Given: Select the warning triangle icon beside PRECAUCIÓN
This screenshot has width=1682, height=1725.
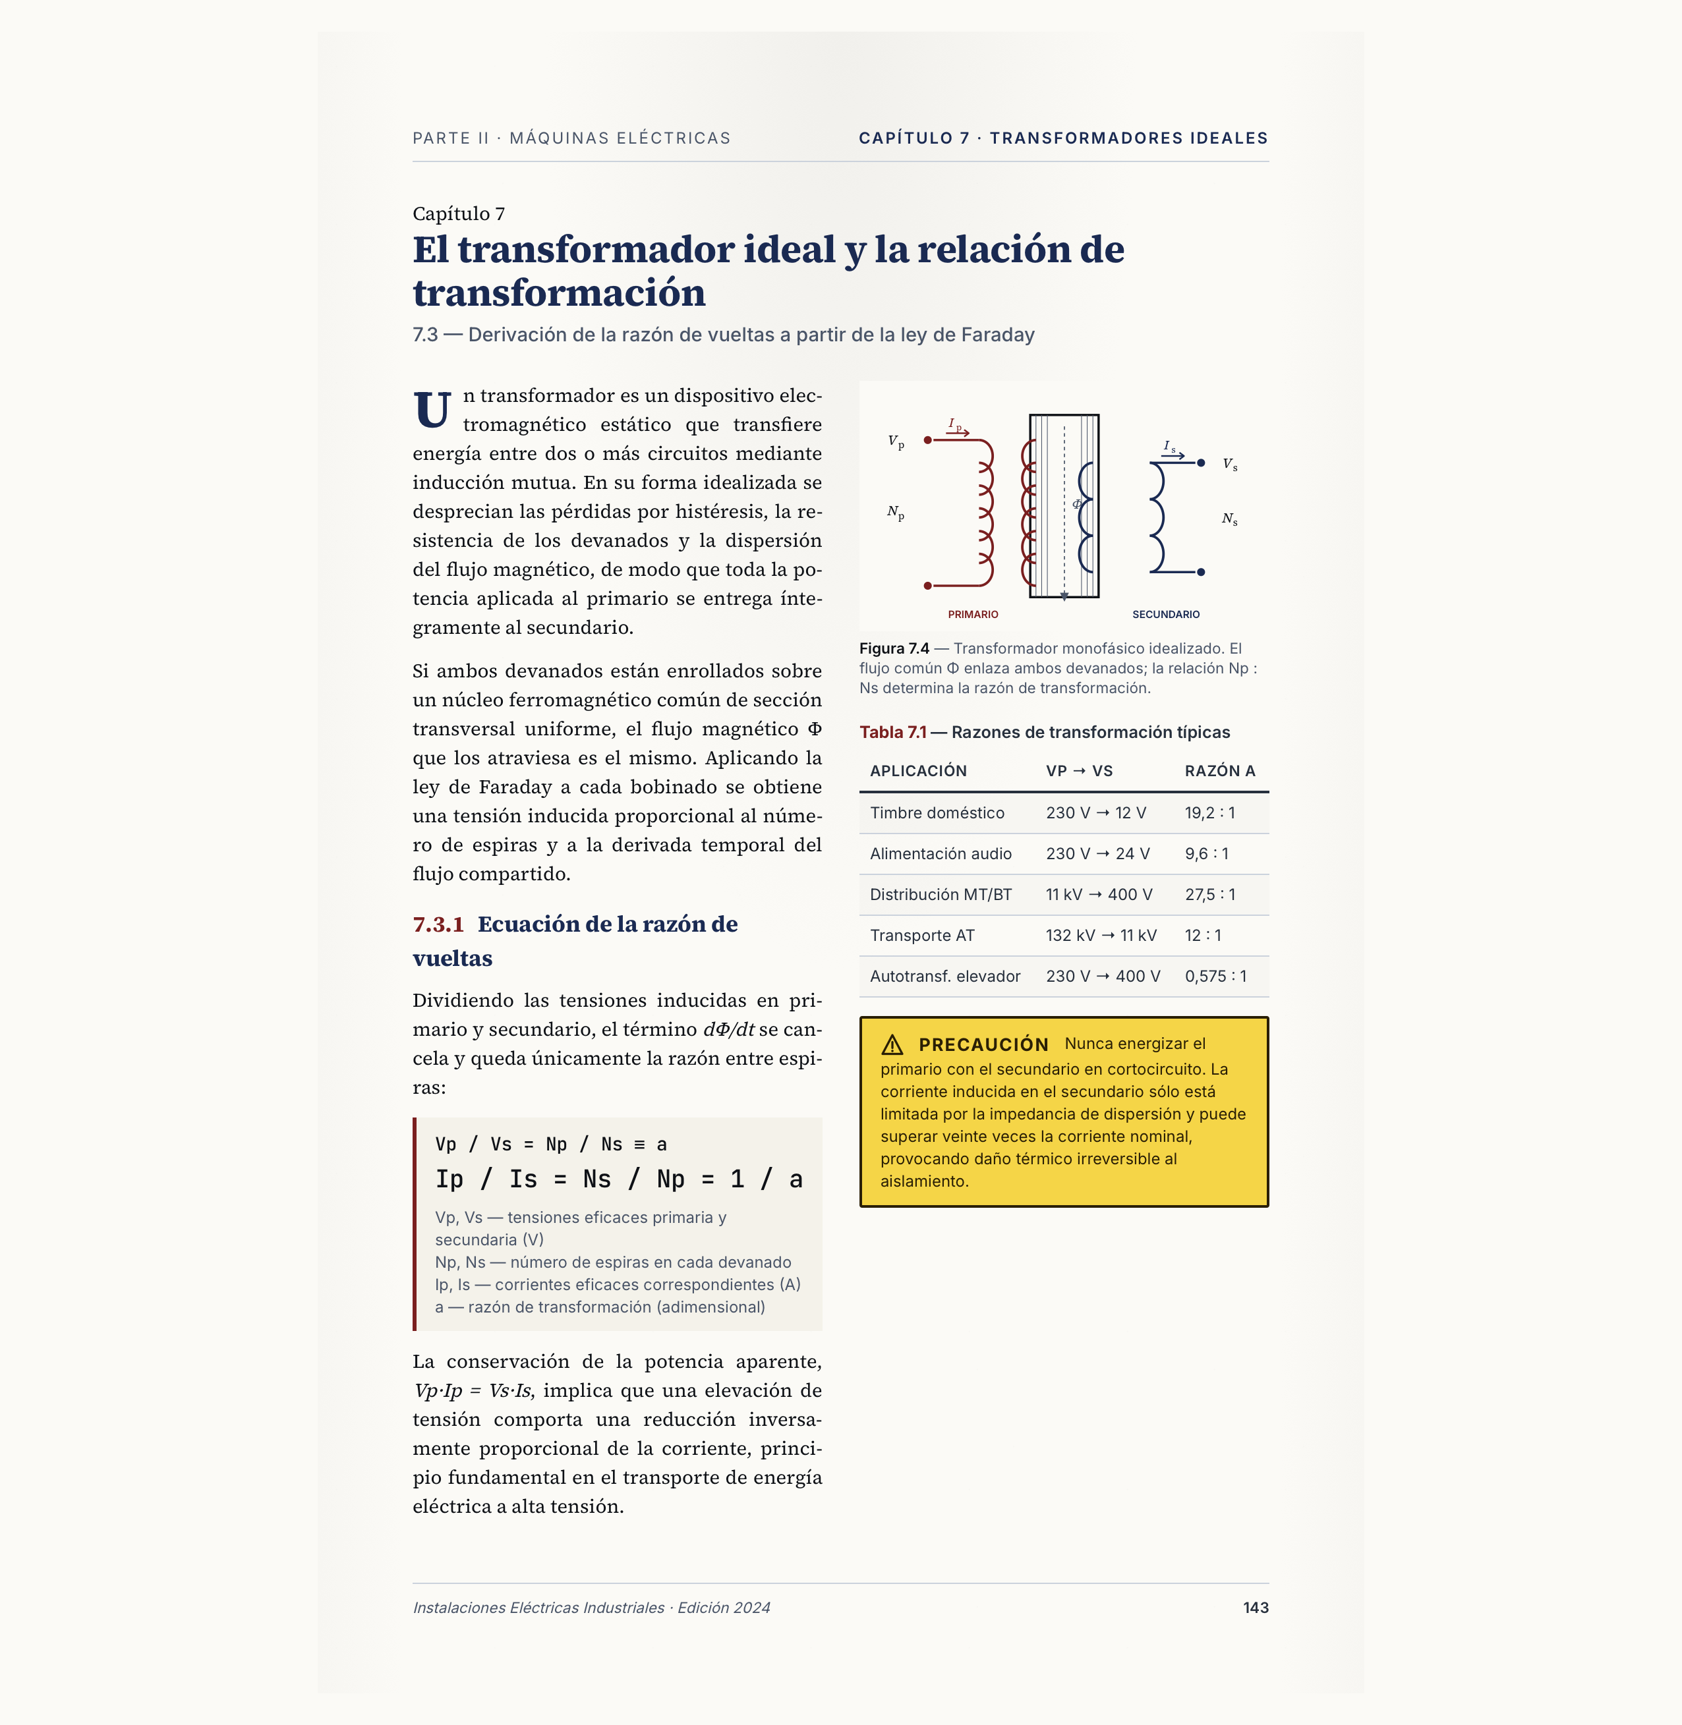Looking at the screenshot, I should point(892,1045).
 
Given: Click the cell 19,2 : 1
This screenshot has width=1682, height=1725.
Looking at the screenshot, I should point(1209,812).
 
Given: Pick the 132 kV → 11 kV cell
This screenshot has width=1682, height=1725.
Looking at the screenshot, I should point(1101,936).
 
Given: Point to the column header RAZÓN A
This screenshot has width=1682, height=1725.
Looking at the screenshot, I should point(1219,771).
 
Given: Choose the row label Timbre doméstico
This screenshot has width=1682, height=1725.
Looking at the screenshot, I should point(937,812).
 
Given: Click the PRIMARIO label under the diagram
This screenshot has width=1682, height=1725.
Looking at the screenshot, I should point(973,615).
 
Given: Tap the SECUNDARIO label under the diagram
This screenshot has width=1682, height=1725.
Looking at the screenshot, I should point(1165,615).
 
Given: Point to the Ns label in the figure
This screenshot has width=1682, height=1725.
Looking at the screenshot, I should point(1229,519).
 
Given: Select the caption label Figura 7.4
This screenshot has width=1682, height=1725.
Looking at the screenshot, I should point(894,648).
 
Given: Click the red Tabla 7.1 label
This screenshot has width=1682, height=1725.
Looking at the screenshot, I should point(892,732).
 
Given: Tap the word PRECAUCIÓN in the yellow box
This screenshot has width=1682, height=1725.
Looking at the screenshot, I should point(983,1045).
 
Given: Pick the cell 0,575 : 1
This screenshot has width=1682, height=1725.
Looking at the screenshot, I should point(1215,976).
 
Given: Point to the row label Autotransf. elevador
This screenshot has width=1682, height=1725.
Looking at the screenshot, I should point(944,976).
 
